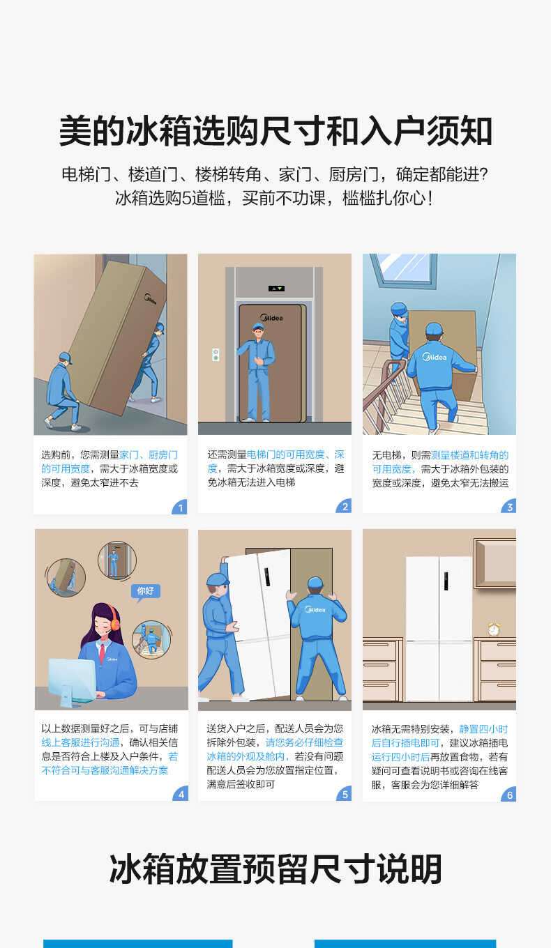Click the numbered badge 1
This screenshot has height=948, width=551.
[x=181, y=507]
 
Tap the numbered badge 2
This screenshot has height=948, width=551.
[x=345, y=507]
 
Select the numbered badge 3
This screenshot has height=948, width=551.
[x=509, y=507]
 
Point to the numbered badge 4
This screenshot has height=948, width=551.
[x=181, y=794]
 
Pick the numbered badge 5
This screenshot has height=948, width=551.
[x=345, y=794]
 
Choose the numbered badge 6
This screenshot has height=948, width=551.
[x=509, y=795]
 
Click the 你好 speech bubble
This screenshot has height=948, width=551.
[x=145, y=591]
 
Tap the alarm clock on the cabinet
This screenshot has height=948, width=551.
[x=494, y=628]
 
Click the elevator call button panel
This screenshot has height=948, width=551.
[x=216, y=354]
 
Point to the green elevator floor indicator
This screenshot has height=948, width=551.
[x=277, y=288]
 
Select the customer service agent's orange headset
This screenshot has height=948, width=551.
[x=115, y=617]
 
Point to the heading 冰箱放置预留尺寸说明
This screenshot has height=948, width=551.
[x=275, y=869]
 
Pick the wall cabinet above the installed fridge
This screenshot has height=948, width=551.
[x=495, y=563]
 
